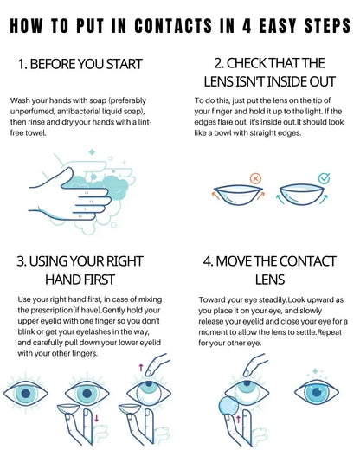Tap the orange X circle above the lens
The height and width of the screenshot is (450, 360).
(255, 177)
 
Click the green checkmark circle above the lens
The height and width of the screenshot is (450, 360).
(323, 177)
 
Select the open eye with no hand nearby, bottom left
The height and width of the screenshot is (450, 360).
(29, 391)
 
